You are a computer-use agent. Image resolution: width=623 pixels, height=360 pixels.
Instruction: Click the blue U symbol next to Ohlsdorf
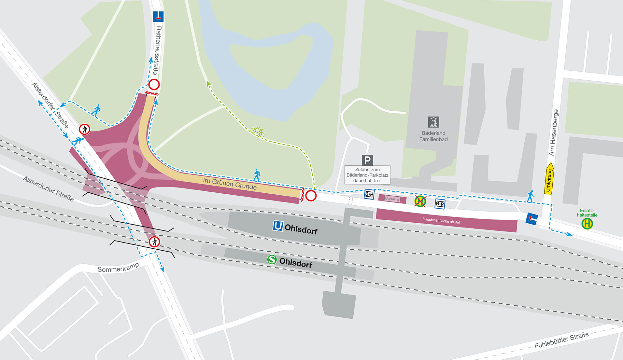278,226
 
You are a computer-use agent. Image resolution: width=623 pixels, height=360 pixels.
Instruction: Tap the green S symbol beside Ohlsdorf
272,259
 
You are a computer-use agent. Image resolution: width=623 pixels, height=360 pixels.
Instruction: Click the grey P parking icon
367,160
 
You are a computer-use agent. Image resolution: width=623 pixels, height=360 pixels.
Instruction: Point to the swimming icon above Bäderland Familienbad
433,122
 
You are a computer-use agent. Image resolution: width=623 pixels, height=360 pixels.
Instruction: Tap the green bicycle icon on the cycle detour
257,132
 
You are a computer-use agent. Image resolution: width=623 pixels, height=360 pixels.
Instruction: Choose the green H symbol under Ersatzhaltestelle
587,224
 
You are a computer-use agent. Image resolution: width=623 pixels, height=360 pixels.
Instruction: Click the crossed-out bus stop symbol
420,201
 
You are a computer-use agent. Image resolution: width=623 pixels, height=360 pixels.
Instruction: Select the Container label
392,199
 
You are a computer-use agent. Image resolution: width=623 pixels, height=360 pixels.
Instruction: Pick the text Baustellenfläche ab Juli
441,221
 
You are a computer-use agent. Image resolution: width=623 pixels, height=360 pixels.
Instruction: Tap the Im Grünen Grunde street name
230,184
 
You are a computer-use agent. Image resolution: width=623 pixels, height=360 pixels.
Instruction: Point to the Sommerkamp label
118,268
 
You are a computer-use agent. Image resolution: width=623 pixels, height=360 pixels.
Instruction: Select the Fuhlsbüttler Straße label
561,340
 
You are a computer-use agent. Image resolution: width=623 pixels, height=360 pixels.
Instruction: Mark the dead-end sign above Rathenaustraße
158,16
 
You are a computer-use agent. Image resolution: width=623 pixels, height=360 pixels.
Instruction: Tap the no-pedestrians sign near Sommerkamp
154,242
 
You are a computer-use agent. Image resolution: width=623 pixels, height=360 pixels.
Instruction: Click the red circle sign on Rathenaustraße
154,85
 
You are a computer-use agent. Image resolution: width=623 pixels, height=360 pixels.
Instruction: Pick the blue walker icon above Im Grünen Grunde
257,175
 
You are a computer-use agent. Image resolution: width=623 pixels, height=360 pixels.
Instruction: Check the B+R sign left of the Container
369,194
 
